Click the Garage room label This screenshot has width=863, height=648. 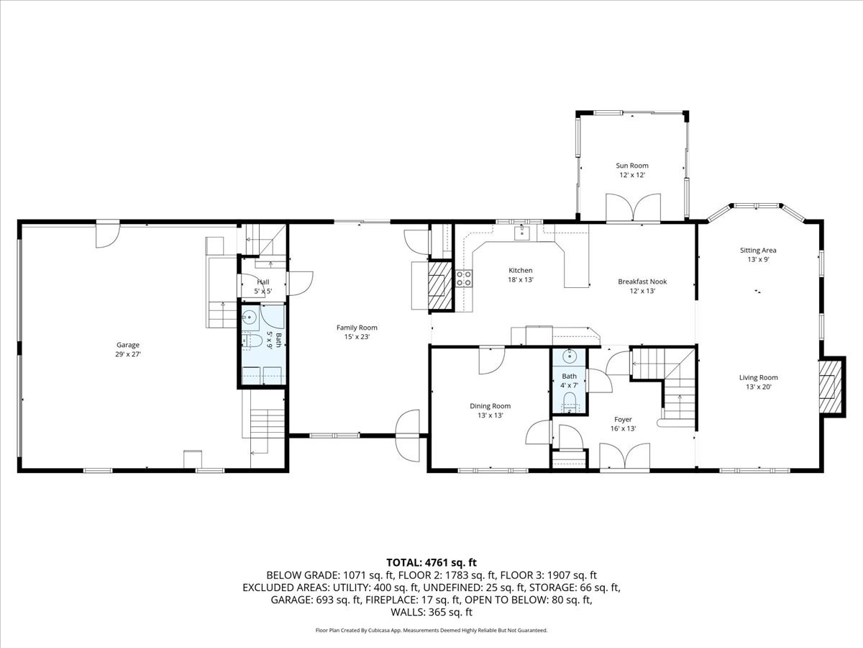click(x=129, y=345)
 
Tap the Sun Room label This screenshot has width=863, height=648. click(x=632, y=166)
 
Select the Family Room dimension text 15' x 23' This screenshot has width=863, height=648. click(x=357, y=336)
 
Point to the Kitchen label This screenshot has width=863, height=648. click(x=521, y=270)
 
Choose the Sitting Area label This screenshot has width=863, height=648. click(x=758, y=251)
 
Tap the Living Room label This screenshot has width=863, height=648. click(x=758, y=377)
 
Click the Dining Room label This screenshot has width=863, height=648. click(x=490, y=405)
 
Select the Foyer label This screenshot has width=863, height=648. click(x=623, y=419)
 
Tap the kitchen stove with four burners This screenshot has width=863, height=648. click(x=464, y=279)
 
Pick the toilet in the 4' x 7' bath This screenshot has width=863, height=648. click(x=569, y=401)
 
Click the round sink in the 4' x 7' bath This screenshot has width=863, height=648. click(x=569, y=356)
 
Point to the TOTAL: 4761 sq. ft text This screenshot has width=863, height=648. click(x=431, y=562)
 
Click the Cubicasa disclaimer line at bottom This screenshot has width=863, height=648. click(x=431, y=630)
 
